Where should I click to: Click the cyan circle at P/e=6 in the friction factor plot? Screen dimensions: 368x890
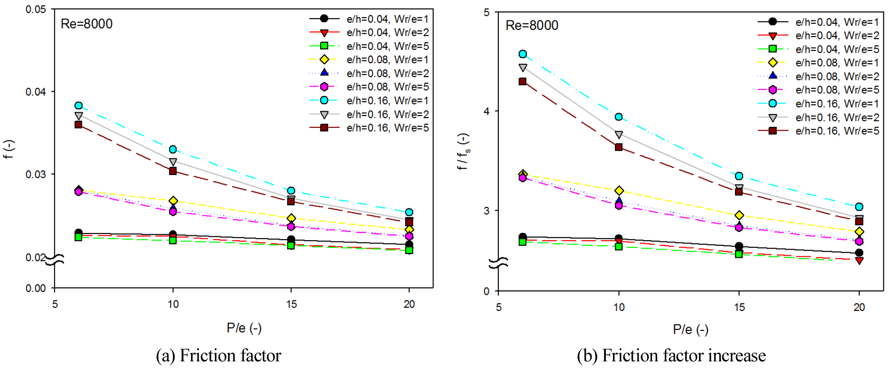(78, 106)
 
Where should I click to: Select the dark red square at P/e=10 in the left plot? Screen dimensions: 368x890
(173, 171)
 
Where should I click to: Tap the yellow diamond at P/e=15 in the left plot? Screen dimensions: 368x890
(291, 218)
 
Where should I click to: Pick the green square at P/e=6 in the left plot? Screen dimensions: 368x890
(78, 237)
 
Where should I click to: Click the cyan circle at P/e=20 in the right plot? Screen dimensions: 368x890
(859, 207)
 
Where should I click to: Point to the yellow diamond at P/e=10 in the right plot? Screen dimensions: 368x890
(619, 191)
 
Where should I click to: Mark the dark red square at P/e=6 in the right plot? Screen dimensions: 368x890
(523, 82)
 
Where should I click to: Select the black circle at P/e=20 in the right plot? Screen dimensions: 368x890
(859, 253)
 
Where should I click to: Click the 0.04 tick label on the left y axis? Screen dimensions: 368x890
(36, 92)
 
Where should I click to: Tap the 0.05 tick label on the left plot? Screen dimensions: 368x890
(36, 10)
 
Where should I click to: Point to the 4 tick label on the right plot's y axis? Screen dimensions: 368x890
(486, 111)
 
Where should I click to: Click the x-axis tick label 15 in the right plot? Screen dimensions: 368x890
(739, 307)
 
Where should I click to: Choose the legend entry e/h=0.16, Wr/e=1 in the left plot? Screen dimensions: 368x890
(387, 101)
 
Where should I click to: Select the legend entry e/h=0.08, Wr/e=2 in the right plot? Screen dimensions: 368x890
(837, 76)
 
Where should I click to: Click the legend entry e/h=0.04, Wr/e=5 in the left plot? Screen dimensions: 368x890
(387, 46)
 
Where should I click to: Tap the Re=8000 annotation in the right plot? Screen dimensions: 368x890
(532, 25)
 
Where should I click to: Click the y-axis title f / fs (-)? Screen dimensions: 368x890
(463, 151)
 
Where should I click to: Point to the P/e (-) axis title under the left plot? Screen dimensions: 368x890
(244, 328)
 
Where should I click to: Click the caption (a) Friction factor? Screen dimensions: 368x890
(219, 356)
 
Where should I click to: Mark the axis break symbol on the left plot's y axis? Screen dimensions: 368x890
(55, 260)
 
